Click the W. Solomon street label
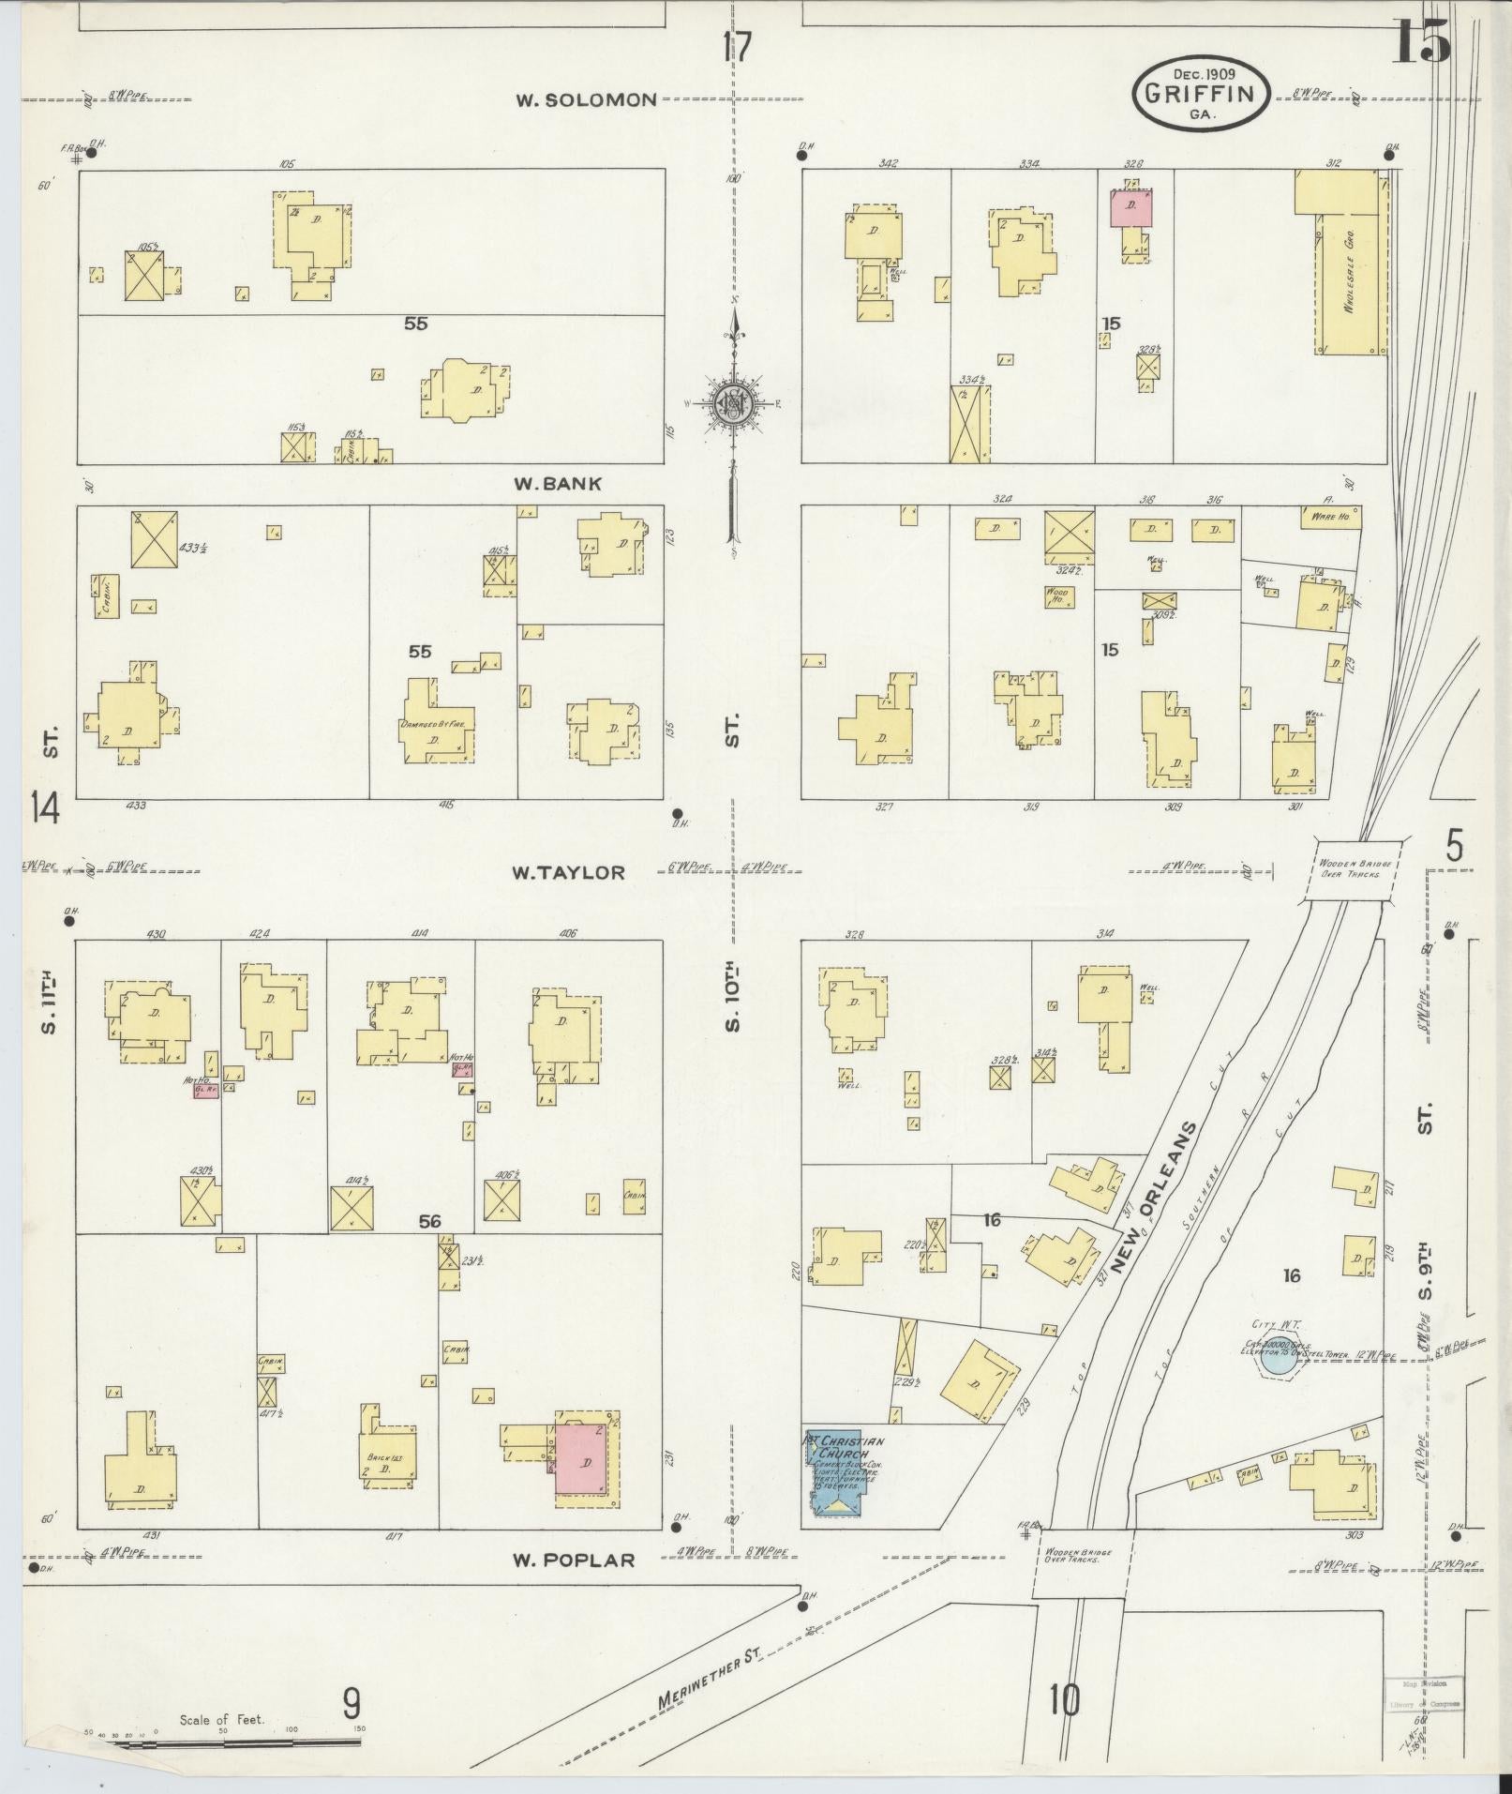pos(585,99)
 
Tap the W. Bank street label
pos(557,484)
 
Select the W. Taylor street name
pos(567,872)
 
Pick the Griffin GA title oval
pos(1201,92)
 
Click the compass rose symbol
pos(734,403)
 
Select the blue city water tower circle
pos(1275,1361)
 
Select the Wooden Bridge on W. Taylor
pos(1349,868)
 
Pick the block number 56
pos(429,1221)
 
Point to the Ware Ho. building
pos(1329,516)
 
